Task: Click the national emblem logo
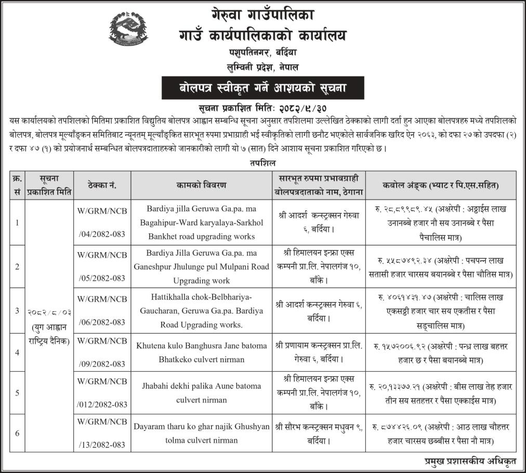click(128, 30)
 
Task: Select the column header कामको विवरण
click(203, 185)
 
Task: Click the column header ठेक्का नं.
click(101, 185)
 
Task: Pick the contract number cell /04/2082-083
click(102, 234)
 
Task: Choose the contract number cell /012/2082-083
click(102, 404)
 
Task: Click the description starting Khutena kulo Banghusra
click(202, 352)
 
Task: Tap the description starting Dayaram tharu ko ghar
click(202, 433)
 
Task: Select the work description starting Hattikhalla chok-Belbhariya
click(202, 310)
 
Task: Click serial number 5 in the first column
click(17, 392)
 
